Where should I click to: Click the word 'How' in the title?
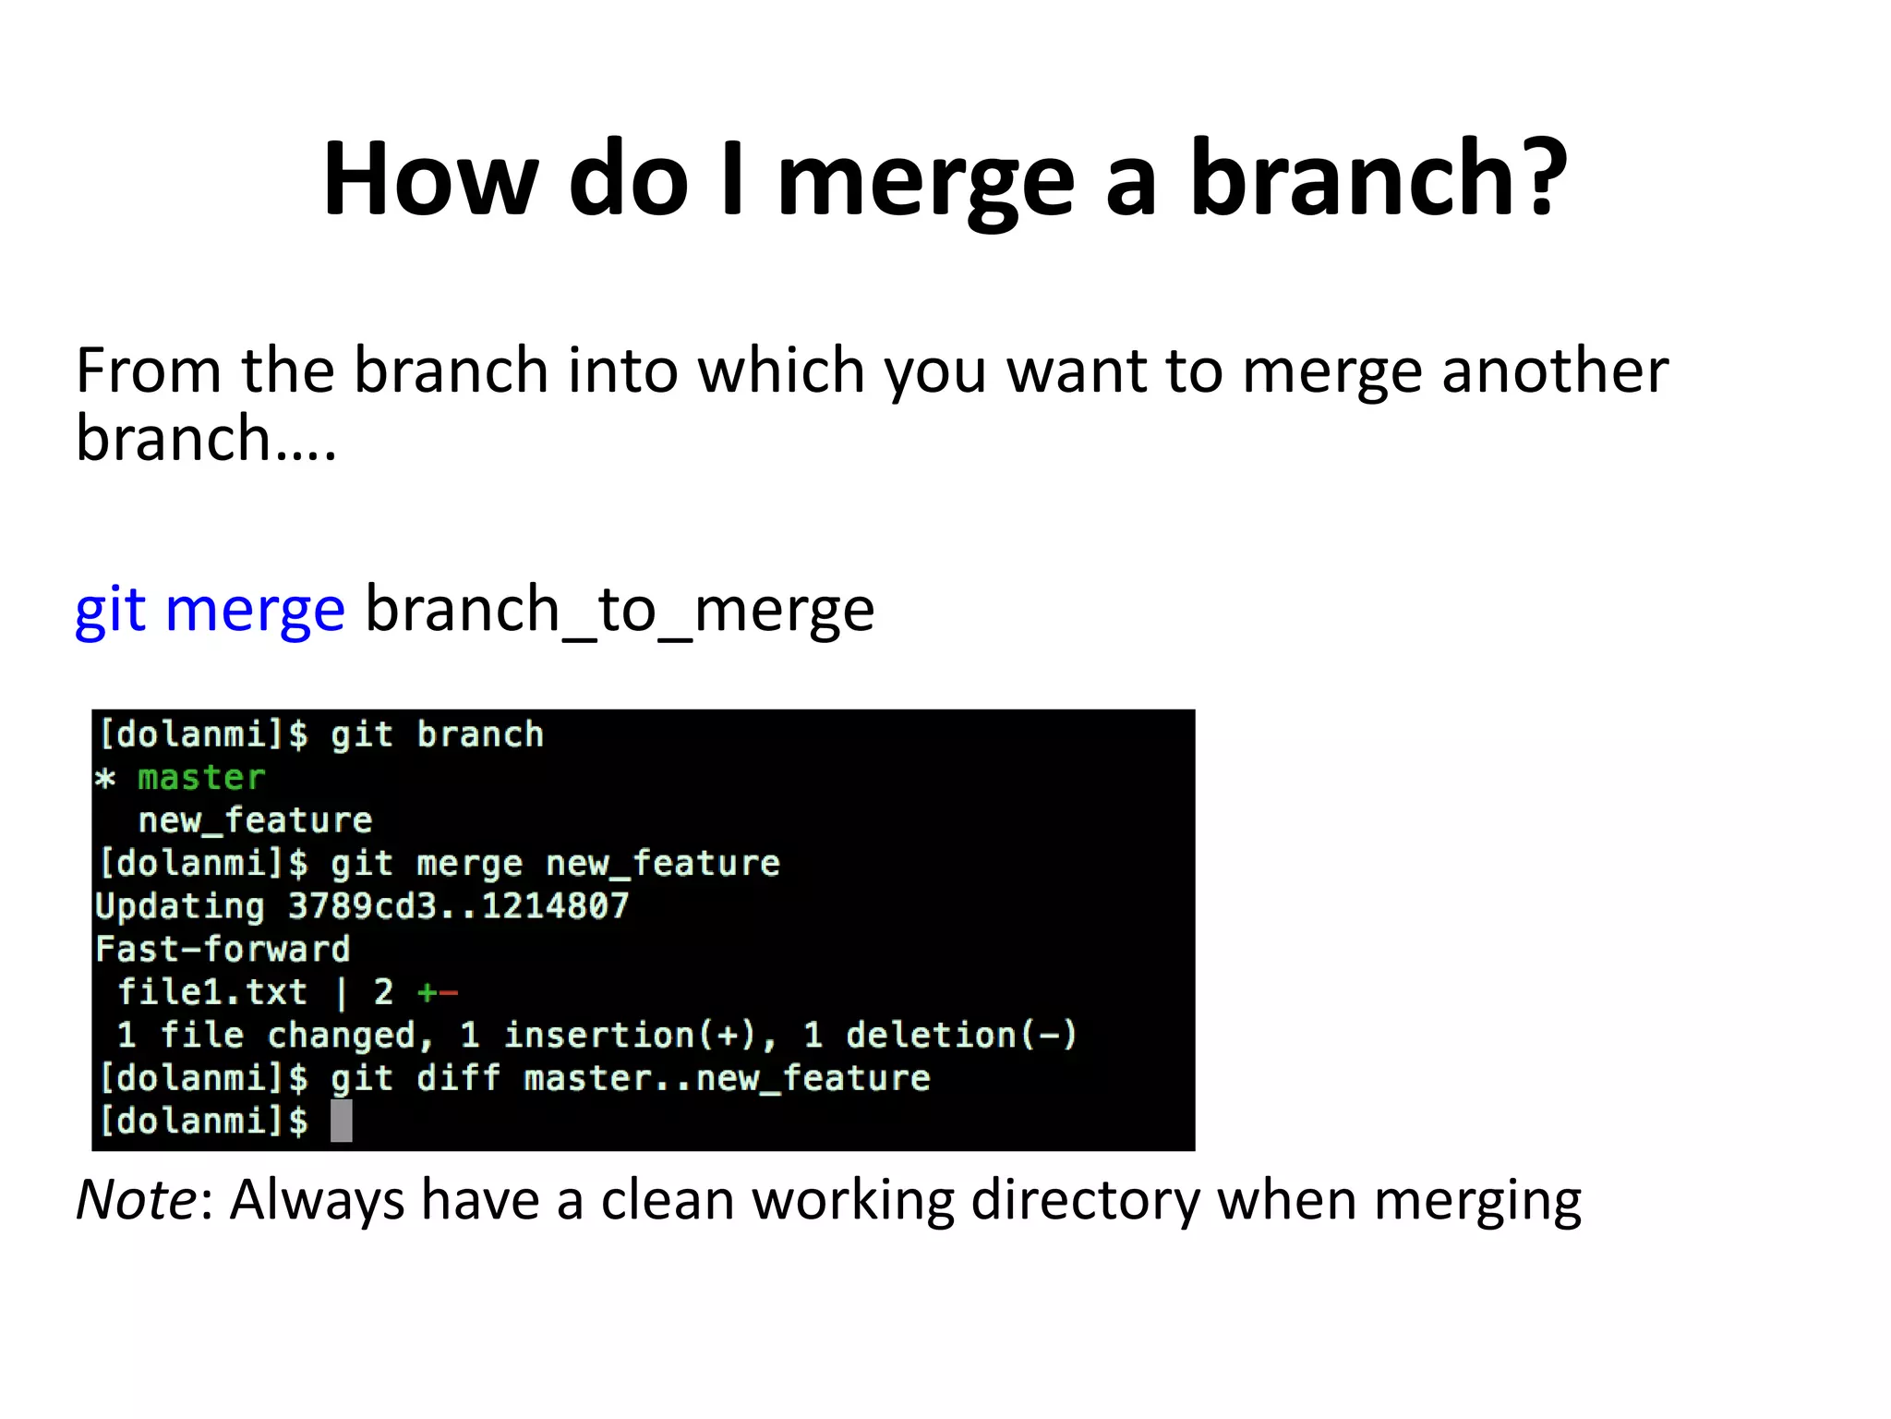[430, 177]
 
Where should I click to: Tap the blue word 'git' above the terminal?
[111, 610]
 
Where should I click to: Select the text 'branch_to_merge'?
[620, 610]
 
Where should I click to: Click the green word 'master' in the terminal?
[201, 778]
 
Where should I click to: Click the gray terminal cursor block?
[342, 1121]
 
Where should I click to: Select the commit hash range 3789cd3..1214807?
[458, 906]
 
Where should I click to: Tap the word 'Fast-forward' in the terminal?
[223, 949]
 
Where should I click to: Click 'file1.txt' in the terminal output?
[212, 992]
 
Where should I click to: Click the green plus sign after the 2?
[427, 993]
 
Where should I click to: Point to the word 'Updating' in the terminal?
[180, 906]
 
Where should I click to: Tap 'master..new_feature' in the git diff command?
[727, 1078]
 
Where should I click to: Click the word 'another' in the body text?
[1555, 370]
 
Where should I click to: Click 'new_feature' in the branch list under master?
[255, 820]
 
